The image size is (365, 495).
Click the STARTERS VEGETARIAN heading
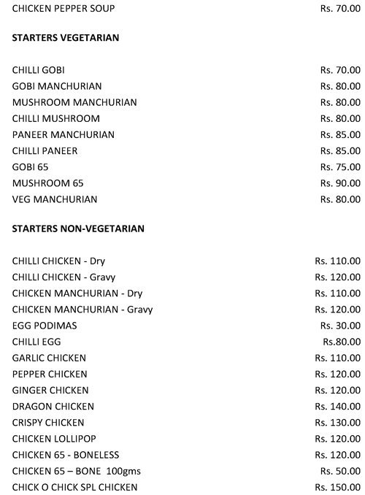click(66, 37)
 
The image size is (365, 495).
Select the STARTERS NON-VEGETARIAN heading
click(78, 229)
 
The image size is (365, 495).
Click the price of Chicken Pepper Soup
click(340, 9)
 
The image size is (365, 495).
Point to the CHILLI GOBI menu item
click(38, 70)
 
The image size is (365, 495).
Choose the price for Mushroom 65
click(340, 183)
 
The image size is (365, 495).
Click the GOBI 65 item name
click(30, 166)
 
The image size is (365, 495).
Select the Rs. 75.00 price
click(340, 166)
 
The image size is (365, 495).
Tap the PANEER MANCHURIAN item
click(64, 134)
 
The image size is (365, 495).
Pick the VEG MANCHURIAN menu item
click(55, 199)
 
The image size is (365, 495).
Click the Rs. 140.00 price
click(337, 406)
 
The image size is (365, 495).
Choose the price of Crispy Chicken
click(337, 422)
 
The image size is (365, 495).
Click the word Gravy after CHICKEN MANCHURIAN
click(140, 310)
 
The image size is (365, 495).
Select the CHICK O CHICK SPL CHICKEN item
click(74, 486)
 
